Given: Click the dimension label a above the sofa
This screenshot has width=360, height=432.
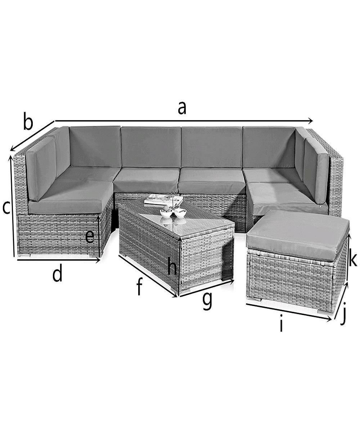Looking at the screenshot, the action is [x=182, y=108].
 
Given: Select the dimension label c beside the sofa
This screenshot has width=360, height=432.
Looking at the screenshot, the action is [x=6, y=208].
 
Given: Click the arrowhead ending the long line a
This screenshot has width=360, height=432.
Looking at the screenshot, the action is [x=310, y=121].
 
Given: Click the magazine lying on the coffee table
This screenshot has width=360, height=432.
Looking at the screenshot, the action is [x=164, y=199].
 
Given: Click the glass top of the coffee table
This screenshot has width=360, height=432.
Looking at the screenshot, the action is [x=176, y=216].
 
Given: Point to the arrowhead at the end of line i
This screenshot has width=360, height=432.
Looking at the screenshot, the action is [x=329, y=320].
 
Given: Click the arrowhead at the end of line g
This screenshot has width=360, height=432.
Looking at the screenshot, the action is [x=232, y=282].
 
